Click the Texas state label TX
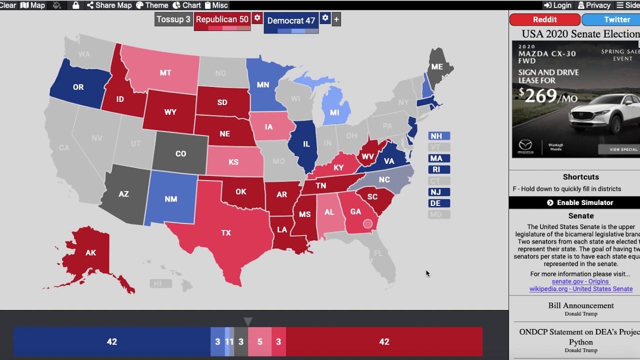226,233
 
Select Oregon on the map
78,87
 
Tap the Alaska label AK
90,253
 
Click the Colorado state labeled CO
180,154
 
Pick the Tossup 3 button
173,19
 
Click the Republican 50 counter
222,19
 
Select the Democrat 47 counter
291,20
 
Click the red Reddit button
544,19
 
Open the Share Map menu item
109,5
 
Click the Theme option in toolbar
152,5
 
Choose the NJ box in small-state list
439,192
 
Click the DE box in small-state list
439,203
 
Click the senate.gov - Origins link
580,281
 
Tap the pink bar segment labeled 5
259,342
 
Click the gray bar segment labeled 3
241,342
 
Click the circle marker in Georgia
367,223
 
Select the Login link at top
557,5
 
